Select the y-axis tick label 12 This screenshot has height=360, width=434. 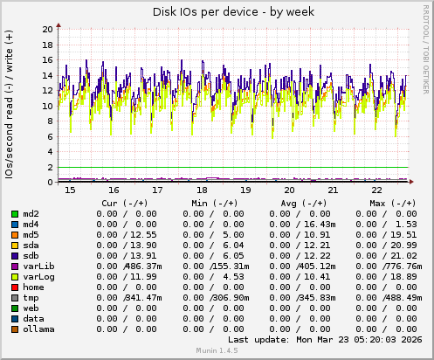click(x=46, y=91)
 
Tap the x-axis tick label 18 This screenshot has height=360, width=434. click(x=202, y=189)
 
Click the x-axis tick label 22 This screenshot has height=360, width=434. click(x=376, y=189)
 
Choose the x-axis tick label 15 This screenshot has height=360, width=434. click(x=70, y=189)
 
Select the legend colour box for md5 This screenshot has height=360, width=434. click(x=15, y=234)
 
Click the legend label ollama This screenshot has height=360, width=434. click(x=39, y=329)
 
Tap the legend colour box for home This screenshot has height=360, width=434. click(x=15, y=287)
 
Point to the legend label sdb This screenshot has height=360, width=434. click(x=31, y=255)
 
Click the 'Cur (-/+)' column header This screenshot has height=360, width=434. click(x=129, y=203)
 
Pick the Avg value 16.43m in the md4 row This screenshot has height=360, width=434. click(x=313, y=224)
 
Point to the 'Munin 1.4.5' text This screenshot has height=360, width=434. click(x=217, y=351)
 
